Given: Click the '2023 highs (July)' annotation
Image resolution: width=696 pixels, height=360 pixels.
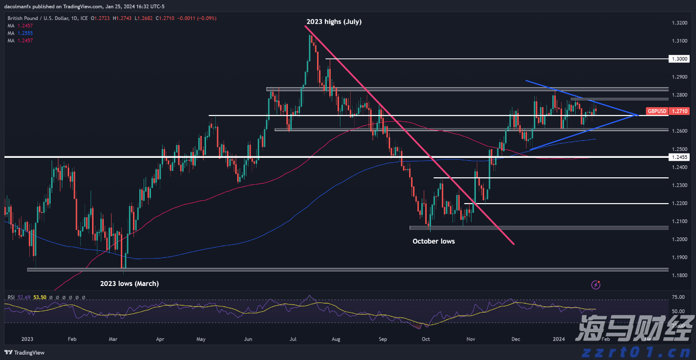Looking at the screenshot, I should click(334, 22).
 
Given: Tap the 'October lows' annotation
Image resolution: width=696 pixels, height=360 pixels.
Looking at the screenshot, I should click(433, 241).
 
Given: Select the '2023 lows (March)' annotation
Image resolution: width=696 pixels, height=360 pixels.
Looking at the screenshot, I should click(130, 284).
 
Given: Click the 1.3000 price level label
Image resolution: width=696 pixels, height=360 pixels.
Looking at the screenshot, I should click(679, 58).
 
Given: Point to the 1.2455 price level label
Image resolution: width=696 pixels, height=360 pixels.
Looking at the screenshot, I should click(679, 157).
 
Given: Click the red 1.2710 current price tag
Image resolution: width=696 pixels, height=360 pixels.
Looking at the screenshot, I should click(679, 112).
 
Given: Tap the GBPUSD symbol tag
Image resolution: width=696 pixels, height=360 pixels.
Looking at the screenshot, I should click(657, 112).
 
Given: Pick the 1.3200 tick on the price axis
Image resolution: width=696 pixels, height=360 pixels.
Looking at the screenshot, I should click(679, 23).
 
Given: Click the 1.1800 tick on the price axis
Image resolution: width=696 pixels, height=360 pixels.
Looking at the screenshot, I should click(679, 276).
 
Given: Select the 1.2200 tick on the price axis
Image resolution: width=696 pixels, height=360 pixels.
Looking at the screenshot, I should click(679, 203).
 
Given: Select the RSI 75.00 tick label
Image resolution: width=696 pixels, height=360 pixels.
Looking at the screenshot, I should click(678, 297).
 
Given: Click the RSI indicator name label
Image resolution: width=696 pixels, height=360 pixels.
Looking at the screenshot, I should click(11, 297).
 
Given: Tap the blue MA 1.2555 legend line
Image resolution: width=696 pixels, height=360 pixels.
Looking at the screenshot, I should click(19, 33).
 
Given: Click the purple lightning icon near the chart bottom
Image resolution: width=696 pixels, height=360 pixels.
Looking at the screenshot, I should click(596, 284).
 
